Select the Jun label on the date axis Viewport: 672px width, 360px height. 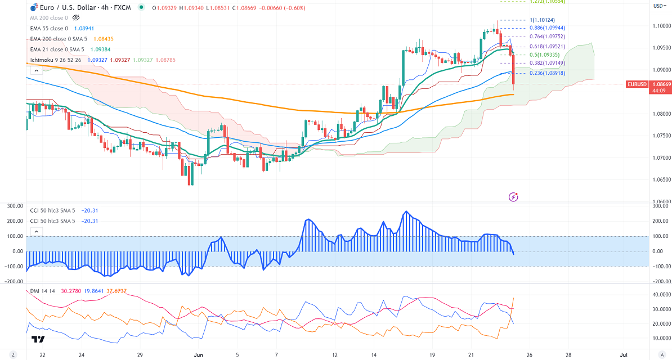[x=198, y=355]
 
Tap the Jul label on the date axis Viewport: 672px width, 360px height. [x=624, y=355]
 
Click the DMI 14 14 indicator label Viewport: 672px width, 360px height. [x=40, y=290]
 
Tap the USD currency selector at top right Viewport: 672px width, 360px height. [x=658, y=6]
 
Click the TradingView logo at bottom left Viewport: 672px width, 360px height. [x=38, y=339]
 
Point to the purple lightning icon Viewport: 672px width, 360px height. [x=513, y=197]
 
